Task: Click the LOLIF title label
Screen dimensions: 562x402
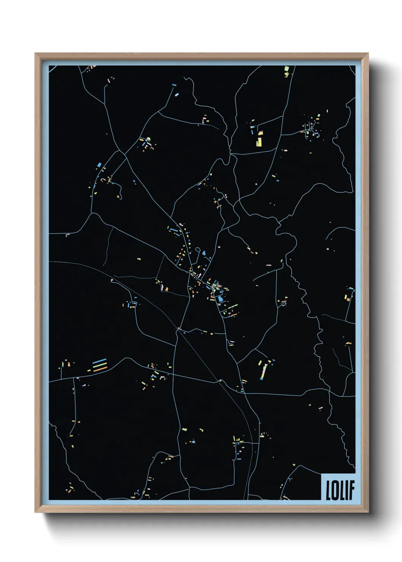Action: (340, 490)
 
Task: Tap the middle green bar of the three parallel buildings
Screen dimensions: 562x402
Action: (100, 365)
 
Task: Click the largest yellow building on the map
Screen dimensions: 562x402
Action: (259, 142)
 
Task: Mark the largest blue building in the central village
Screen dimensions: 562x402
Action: (220, 299)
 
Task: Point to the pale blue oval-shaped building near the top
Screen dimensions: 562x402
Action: (176, 94)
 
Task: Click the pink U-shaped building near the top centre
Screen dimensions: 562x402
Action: (205, 121)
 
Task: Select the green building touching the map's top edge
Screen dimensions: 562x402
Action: (286, 69)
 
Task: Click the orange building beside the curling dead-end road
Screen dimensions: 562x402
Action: (119, 196)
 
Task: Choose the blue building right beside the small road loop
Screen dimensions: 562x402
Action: (204, 253)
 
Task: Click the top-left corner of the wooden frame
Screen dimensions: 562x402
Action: (35, 54)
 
